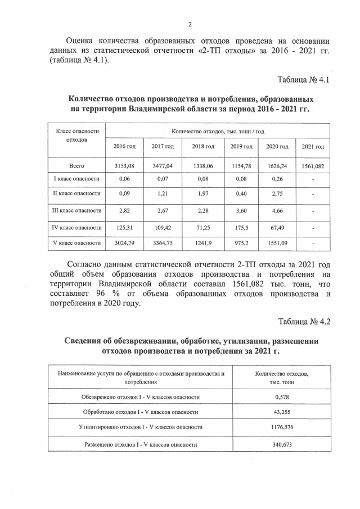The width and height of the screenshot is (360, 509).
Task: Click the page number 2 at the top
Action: [190, 24]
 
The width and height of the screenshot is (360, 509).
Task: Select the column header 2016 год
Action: [124, 147]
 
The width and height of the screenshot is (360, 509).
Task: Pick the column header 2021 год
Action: [312, 147]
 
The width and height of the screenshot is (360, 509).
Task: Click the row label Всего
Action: [76, 166]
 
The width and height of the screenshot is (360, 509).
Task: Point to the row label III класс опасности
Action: [76, 211]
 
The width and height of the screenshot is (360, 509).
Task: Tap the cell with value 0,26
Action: [277, 179]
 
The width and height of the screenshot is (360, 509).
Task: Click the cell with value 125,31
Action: [124, 228]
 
